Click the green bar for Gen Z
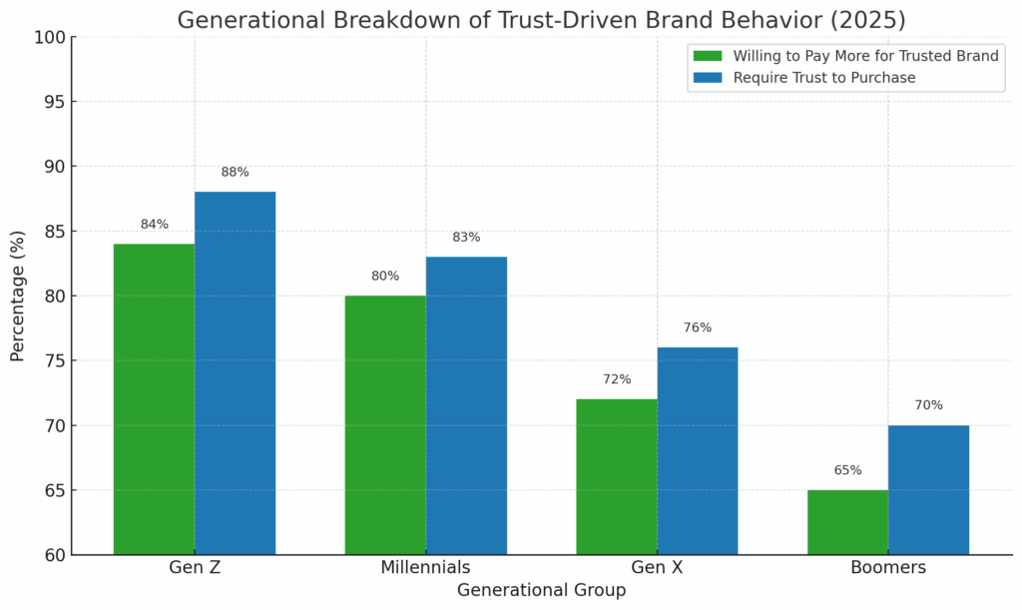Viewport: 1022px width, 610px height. [154, 399]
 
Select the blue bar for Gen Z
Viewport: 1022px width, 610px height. [235, 373]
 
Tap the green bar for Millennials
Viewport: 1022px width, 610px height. [385, 425]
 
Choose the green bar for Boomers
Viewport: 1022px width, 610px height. [847, 522]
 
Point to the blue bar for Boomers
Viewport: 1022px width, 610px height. [928, 490]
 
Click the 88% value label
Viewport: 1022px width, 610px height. [235, 172]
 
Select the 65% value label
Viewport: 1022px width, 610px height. [847, 470]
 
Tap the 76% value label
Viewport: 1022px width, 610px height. [698, 327]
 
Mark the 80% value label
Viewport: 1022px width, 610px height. [385, 276]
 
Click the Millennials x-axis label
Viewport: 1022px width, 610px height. [425, 568]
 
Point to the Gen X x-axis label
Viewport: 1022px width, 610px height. [657, 568]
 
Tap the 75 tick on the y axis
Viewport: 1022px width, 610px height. [54, 361]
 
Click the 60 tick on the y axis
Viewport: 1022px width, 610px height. [54, 555]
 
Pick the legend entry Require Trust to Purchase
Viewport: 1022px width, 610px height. [823, 78]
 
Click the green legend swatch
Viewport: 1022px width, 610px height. [708, 56]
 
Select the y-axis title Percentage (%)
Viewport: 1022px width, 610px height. [18, 297]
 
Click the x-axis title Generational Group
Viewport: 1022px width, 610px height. [541, 591]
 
